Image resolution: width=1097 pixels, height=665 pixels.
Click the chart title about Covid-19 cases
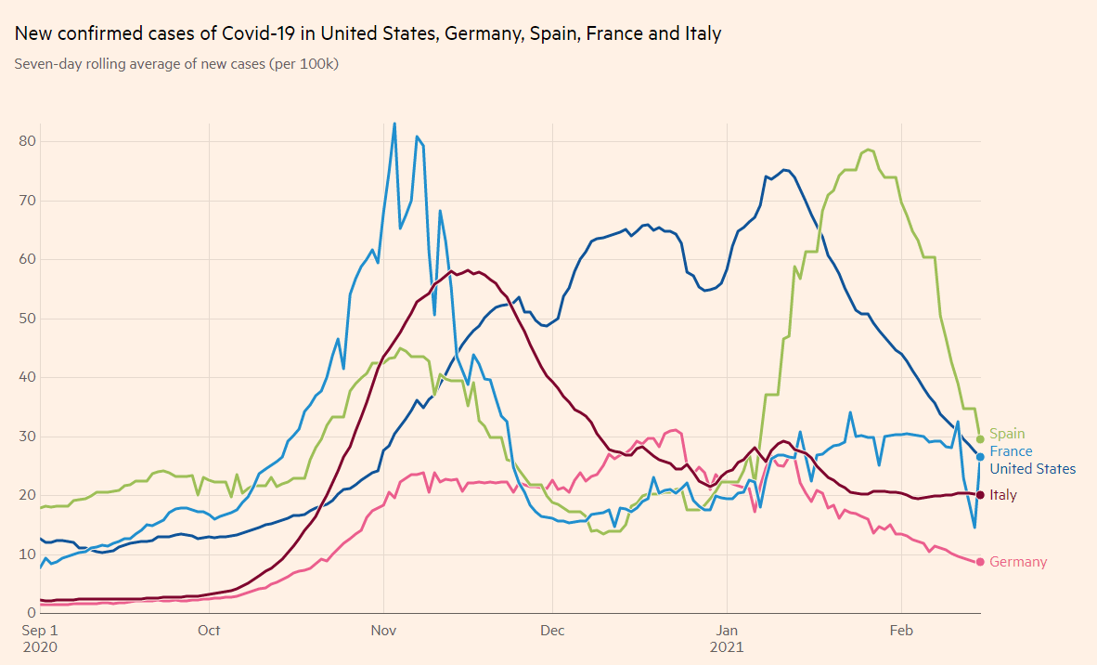click(x=368, y=34)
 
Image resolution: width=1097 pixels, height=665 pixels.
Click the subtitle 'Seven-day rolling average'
click(x=176, y=64)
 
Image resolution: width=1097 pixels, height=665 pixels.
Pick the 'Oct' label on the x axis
click(x=209, y=632)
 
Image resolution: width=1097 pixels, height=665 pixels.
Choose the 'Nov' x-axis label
click(x=383, y=632)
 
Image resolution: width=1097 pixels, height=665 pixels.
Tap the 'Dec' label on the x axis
click(x=552, y=632)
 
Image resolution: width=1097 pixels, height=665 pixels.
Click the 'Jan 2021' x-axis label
click(x=728, y=639)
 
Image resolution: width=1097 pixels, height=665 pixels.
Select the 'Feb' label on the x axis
click(x=902, y=632)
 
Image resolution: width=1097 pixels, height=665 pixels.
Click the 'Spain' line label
click(x=1007, y=434)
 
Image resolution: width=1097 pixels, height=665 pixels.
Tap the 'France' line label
click(x=1011, y=451)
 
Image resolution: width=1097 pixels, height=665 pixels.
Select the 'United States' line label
click(x=1032, y=469)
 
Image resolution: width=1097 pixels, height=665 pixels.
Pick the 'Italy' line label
click(x=1003, y=495)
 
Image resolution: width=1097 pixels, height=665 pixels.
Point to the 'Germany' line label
click(x=1018, y=562)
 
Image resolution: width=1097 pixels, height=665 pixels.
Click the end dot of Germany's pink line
click(x=980, y=562)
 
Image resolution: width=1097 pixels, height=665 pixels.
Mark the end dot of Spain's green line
click(x=980, y=439)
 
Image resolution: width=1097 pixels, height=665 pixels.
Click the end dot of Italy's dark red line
click(x=980, y=494)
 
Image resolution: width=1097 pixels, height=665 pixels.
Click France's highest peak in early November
click(x=394, y=124)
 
